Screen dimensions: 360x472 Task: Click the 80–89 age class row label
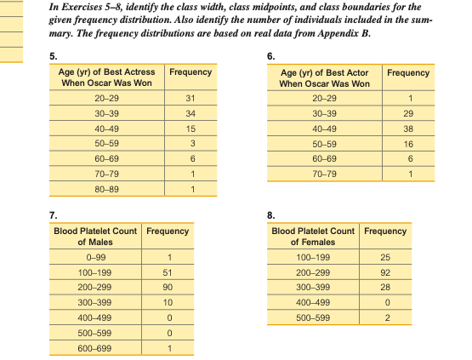pyautogui.click(x=105, y=189)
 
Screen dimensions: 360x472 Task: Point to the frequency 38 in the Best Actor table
pyautogui.click(x=407, y=129)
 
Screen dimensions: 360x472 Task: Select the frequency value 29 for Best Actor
pyautogui.click(x=407, y=114)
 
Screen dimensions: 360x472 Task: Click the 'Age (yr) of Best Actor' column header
pyautogui.click(x=324, y=78)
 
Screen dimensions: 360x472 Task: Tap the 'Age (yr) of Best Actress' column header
pyautogui.click(x=105, y=78)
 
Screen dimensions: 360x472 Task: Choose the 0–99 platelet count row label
pyautogui.click(x=95, y=259)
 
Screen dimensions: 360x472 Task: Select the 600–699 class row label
pyautogui.click(x=95, y=349)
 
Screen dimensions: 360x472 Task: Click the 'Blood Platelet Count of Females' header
pyautogui.click(x=313, y=237)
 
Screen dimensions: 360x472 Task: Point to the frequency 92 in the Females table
pyautogui.click(x=384, y=273)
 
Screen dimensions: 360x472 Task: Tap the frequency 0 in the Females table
pyautogui.click(x=384, y=304)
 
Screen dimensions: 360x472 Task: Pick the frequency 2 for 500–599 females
pyautogui.click(x=384, y=319)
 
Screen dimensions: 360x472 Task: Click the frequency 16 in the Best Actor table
pyautogui.click(x=407, y=145)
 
